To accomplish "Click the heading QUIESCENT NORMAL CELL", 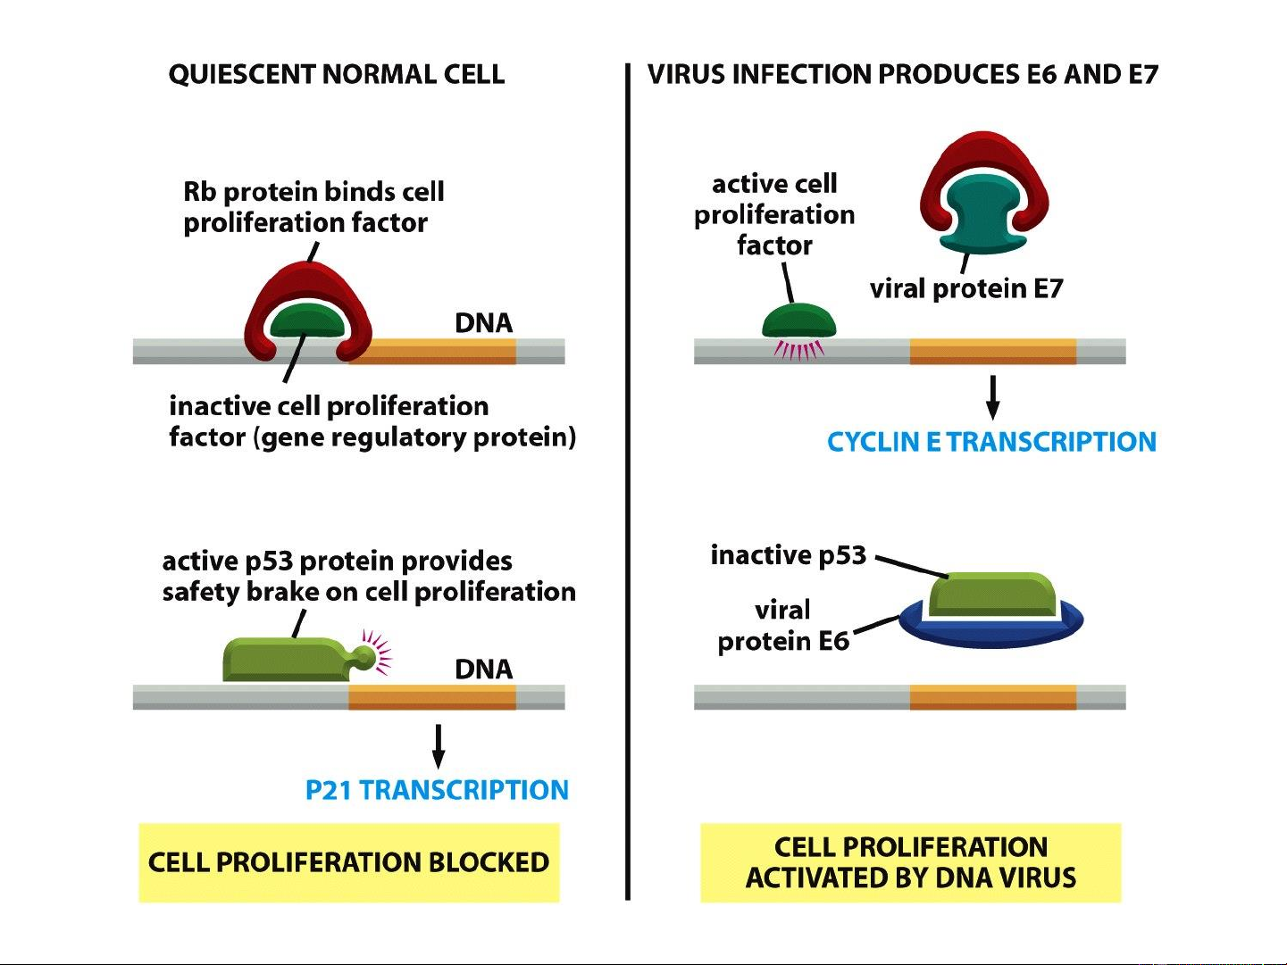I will (x=336, y=74).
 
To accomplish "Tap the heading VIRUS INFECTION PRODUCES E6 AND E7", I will (x=902, y=74).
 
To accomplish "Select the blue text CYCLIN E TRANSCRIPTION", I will (x=991, y=442).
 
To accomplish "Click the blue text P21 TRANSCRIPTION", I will (x=437, y=790).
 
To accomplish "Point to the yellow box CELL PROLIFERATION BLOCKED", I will (x=348, y=862).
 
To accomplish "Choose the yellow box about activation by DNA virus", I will (x=910, y=862).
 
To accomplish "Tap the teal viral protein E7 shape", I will (x=983, y=214).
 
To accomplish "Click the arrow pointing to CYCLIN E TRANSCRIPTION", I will (x=992, y=397).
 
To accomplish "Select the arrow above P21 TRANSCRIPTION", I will (x=438, y=746).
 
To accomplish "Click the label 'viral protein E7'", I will (x=966, y=288).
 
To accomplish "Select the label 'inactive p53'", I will (x=788, y=555).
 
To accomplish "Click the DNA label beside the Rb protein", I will (x=483, y=322).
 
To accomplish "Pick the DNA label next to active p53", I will (x=483, y=669).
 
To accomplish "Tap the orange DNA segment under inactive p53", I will (x=992, y=697).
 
